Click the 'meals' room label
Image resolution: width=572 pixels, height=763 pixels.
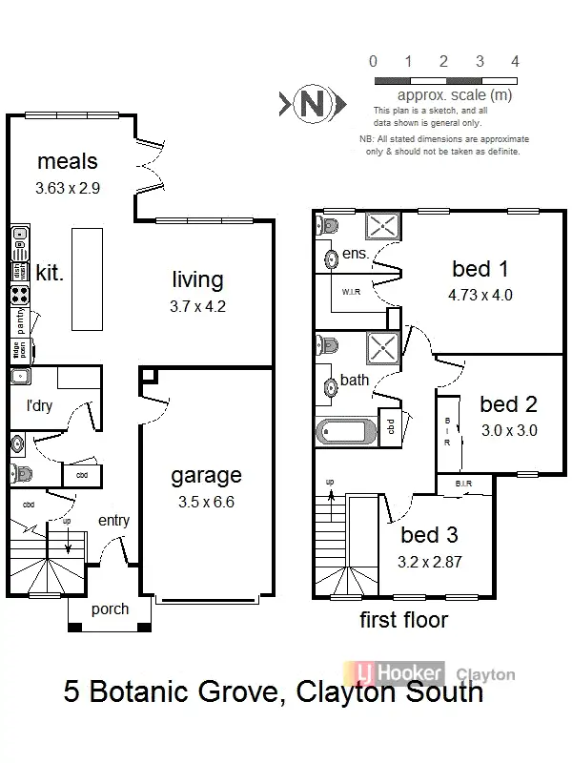pos(67,161)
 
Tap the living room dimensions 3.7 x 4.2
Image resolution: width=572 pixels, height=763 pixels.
pos(198,306)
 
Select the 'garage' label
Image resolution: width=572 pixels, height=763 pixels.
pos(206,475)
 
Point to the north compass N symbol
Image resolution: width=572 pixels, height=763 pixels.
pos(311,103)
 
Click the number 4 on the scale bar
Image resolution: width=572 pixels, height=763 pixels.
pos(515,61)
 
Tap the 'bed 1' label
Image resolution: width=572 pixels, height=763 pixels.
pos(480,269)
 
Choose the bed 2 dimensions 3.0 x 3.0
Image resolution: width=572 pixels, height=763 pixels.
pos(508,430)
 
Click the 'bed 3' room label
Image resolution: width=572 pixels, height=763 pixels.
pos(429,535)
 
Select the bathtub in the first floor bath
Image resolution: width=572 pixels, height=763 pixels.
pos(344,430)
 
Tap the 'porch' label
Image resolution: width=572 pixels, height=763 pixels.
pos(110,609)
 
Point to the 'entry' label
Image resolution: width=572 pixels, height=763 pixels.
pos(113,521)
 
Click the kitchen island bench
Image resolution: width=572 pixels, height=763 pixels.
pos(88,278)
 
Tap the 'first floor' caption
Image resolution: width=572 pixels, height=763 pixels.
pos(403,621)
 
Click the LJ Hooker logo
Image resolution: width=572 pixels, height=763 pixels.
pos(399,672)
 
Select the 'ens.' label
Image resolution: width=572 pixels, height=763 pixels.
pos(355,255)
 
